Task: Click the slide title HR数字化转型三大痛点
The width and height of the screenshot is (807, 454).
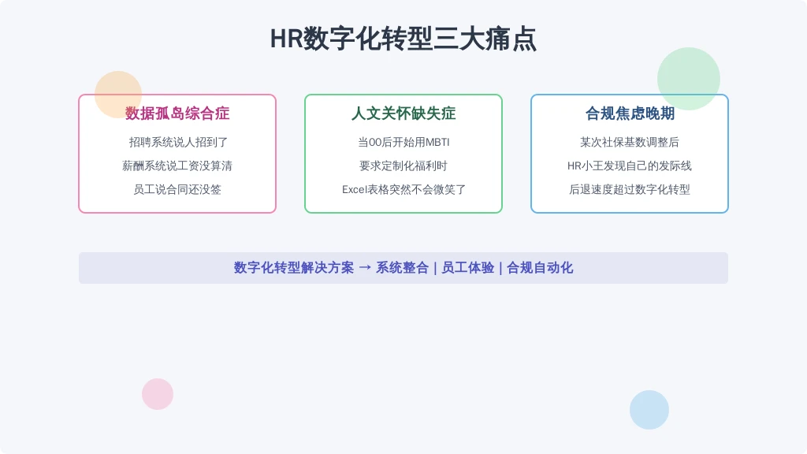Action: (x=403, y=39)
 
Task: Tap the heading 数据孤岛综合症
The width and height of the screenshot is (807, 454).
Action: (x=177, y=113)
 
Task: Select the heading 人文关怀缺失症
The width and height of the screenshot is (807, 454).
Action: (x=403, y=113)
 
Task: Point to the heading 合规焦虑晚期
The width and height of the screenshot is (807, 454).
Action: (x=630, y=113)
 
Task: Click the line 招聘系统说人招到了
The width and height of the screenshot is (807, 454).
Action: (x=178, y=142)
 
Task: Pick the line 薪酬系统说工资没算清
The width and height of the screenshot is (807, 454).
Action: (x=177, y=166)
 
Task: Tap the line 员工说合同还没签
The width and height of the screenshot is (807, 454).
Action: (x=177, y=189)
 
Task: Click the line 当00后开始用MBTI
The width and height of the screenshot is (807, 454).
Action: (x=403, y=142)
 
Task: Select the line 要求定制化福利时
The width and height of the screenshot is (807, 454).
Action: (x=403, y=166)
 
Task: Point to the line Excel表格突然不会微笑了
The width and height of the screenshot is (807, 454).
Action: (x=403, y=189)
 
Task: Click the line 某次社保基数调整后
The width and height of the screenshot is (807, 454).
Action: (x=630, y=142)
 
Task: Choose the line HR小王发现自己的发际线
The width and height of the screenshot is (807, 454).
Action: (x=630, y=166)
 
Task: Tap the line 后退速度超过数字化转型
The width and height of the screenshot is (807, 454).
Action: (x=630, y=189)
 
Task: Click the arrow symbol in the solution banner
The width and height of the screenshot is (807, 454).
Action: (x=365, y=268)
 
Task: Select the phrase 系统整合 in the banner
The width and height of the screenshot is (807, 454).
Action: (x=402, y=268)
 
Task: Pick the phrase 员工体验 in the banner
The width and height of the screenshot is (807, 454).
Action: (x=468, y=268)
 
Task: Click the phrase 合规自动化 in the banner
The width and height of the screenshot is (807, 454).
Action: (x=540, y=268)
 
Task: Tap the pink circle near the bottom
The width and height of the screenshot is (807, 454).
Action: (x=158, y=394)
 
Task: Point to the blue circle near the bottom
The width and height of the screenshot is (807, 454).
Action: (x=649, y=410)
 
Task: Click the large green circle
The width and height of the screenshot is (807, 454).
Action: (x=689, y=79)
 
